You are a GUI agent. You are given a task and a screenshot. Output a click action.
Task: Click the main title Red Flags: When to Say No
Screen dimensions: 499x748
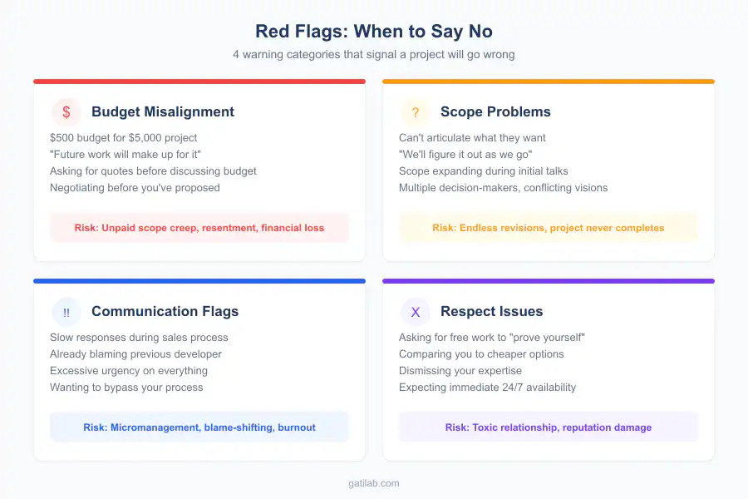(374, 32)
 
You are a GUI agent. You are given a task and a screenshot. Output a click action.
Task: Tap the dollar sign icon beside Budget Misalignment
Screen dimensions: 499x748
(66, 112)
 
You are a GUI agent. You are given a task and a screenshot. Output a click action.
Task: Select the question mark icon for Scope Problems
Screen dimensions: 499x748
(416, 112)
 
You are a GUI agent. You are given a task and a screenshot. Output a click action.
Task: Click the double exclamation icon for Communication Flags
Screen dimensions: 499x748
(66, 312)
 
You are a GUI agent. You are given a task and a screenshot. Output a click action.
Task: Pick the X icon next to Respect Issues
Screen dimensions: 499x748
(416, 312)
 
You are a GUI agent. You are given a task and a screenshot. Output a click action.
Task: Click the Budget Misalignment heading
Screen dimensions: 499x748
(163, 112)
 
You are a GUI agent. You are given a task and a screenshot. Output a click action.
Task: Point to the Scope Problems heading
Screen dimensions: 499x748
(495, 112)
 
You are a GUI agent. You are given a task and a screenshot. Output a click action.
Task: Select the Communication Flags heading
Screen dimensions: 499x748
(165, 312)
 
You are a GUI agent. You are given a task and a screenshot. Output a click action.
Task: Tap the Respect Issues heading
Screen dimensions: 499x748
(491, 312)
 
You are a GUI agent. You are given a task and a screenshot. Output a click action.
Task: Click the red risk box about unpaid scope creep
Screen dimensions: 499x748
(199, 228)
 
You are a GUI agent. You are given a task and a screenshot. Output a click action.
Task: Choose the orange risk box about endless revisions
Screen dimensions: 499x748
(549, 228)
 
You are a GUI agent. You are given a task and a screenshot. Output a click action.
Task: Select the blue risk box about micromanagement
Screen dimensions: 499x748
(199, 427)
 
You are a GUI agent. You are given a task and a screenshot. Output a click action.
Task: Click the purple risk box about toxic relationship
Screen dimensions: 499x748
(549, 427)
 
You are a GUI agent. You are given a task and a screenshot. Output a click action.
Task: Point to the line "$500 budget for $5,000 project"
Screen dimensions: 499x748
(123, 138)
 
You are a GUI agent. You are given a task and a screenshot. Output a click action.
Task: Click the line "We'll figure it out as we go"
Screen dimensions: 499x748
(465, 155)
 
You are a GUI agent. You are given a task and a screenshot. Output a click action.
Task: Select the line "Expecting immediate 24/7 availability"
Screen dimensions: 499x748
(487, 388)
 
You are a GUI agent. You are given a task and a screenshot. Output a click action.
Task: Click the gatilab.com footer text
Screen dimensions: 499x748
(374, 483)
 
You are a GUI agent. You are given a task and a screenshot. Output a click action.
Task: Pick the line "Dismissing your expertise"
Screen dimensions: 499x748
(460, 371)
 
